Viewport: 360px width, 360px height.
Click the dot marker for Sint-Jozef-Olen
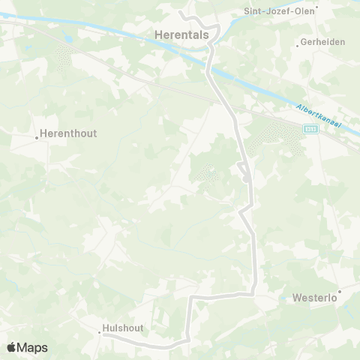tap(316, 8)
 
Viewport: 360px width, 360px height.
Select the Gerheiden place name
tap(321, 43)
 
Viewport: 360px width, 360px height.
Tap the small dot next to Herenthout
tap(37, 137)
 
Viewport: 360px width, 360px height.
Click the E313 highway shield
tap(309, 129)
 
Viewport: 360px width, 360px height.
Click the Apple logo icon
tap(11, 347)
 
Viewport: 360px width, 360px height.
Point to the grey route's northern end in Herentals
tap(181, 13)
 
